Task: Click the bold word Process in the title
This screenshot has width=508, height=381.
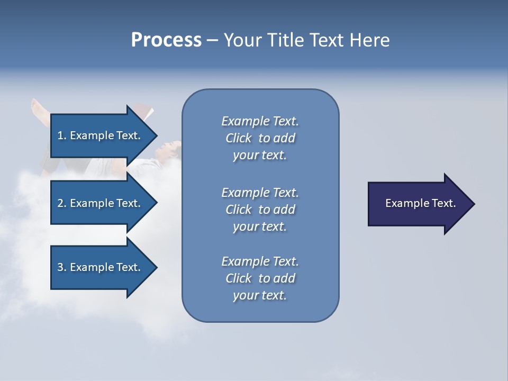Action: [166, 40]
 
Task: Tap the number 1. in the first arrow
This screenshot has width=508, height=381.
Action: [62, 135]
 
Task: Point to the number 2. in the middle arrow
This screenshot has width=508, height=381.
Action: [62, 203]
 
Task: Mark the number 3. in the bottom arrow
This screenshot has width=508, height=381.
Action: [62, 267]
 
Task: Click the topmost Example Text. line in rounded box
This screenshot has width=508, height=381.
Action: [260, 121]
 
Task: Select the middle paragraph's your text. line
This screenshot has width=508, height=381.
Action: [260, 226]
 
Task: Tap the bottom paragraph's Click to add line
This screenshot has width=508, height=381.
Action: [260, 278]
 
